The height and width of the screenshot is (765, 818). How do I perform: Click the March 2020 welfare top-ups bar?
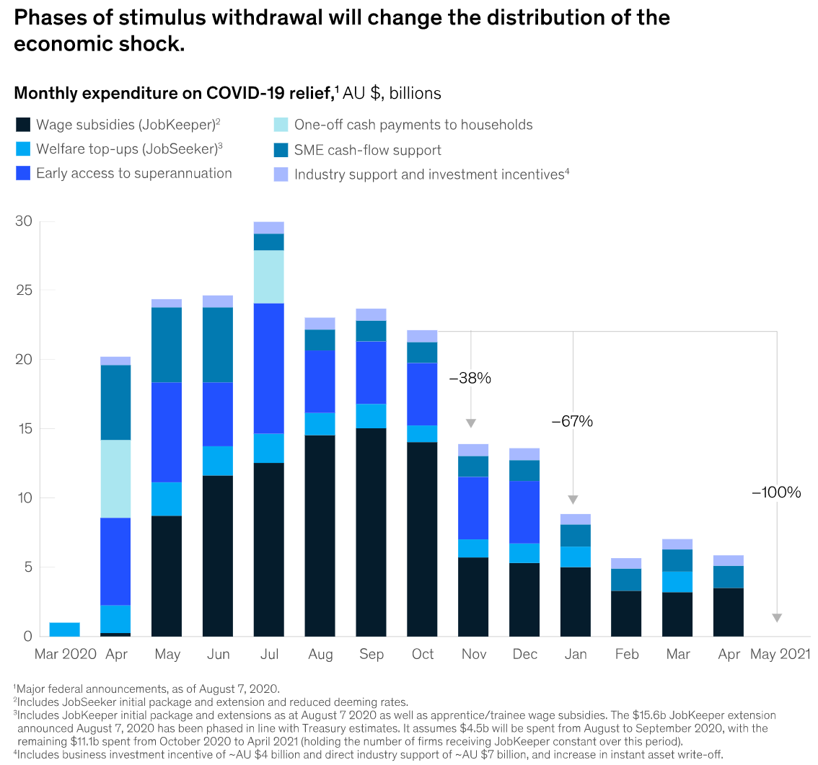point(64,629)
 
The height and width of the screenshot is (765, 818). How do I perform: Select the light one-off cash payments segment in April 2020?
point(115,479)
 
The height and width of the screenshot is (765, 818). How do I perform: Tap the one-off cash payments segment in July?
point(268,277)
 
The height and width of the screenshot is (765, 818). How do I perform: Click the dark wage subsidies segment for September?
point(371,532)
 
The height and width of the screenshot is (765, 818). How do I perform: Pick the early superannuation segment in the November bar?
point(472,508)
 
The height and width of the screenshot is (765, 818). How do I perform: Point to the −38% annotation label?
point(470,378)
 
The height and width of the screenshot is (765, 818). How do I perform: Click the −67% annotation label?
point(572,422)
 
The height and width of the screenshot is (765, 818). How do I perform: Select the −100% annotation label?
point(776,492)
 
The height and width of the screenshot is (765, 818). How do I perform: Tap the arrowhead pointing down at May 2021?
point(777,617)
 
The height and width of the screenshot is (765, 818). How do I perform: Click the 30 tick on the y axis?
point(24,221)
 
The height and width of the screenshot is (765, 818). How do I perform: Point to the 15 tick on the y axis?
point(24,429)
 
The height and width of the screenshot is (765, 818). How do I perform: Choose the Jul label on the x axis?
point(268,655)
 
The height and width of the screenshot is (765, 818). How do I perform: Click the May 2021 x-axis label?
point(780,655)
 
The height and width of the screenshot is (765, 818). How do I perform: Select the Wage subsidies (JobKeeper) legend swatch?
point(23,125)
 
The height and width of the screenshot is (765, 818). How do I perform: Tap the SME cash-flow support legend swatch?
point(281,150)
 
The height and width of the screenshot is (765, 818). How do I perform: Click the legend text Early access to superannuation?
point(134,173)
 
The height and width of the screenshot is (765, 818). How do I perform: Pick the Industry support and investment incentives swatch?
point(281,174)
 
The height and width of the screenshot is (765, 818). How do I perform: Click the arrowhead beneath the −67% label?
point(573,500)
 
